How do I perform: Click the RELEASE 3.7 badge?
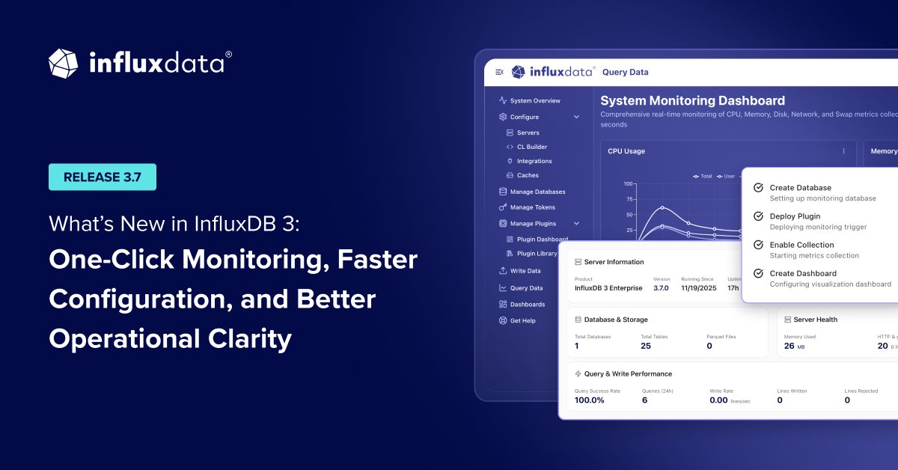tap(103, 177)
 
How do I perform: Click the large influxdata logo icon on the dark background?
tap(64, 64)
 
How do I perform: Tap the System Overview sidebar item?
tap(534, 100)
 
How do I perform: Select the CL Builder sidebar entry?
tap(531, 147)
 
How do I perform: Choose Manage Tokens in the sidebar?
tap(532, 207)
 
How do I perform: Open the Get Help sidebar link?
tap(522, 320)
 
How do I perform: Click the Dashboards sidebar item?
tap(527, 304)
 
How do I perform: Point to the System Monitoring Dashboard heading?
tap(692, 100)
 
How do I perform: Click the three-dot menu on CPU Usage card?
tap(843, 151)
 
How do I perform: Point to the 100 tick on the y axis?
tap(628, 183)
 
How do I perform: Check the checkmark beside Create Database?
tap(758, 188)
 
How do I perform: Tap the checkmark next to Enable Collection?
tap(758, 245)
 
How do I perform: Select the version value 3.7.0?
tap(661, 288)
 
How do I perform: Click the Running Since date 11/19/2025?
tap(699, 288)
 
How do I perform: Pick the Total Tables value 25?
tap(646, 346)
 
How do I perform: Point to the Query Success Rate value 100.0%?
tap(589, 400)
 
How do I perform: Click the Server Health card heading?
tap(815, 320)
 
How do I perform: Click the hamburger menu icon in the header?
tap(499, 72)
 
